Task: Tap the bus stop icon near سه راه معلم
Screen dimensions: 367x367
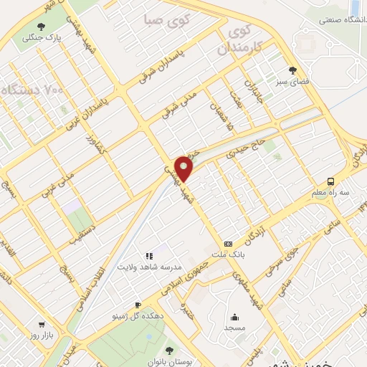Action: click(330, 181)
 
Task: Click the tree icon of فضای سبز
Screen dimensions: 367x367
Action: click(292, 70)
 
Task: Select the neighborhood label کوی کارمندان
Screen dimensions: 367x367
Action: click(236, 41)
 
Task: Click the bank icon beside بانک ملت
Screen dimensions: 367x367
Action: click(227, 244)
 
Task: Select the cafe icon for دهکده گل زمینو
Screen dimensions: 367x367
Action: click(138, 305)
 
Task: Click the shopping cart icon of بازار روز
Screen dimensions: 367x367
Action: click(41, 324)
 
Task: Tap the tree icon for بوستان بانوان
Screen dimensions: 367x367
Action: click(168, 349)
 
